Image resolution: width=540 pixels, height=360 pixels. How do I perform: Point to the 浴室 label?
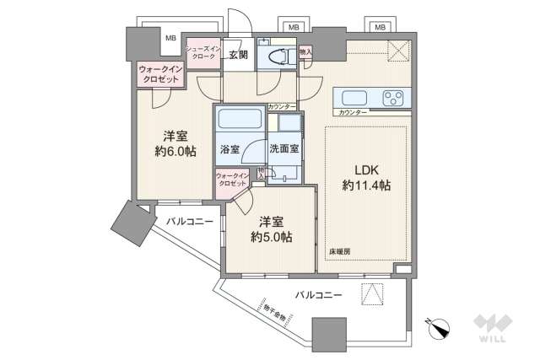229,148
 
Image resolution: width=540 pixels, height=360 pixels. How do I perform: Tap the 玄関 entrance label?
237,56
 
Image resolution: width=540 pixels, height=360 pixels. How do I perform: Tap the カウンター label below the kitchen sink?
352,112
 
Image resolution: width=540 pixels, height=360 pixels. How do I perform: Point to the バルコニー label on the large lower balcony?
318,295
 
